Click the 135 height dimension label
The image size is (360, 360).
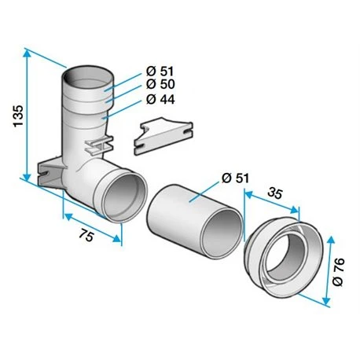tap(19, 116)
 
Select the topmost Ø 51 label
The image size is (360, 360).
tap(160, 71)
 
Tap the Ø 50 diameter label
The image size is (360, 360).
tap(160, 84)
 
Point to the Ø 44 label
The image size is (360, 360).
tap(160, 99)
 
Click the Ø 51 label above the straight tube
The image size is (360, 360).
tap(235, 178)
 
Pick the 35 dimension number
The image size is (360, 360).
tap(275, 193)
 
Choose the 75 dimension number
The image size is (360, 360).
tap(86, 234)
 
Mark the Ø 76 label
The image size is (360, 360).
tap(338, 272)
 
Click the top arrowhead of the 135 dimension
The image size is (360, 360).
tap(27, 54)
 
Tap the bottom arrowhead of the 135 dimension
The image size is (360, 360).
tap(27, 176)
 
